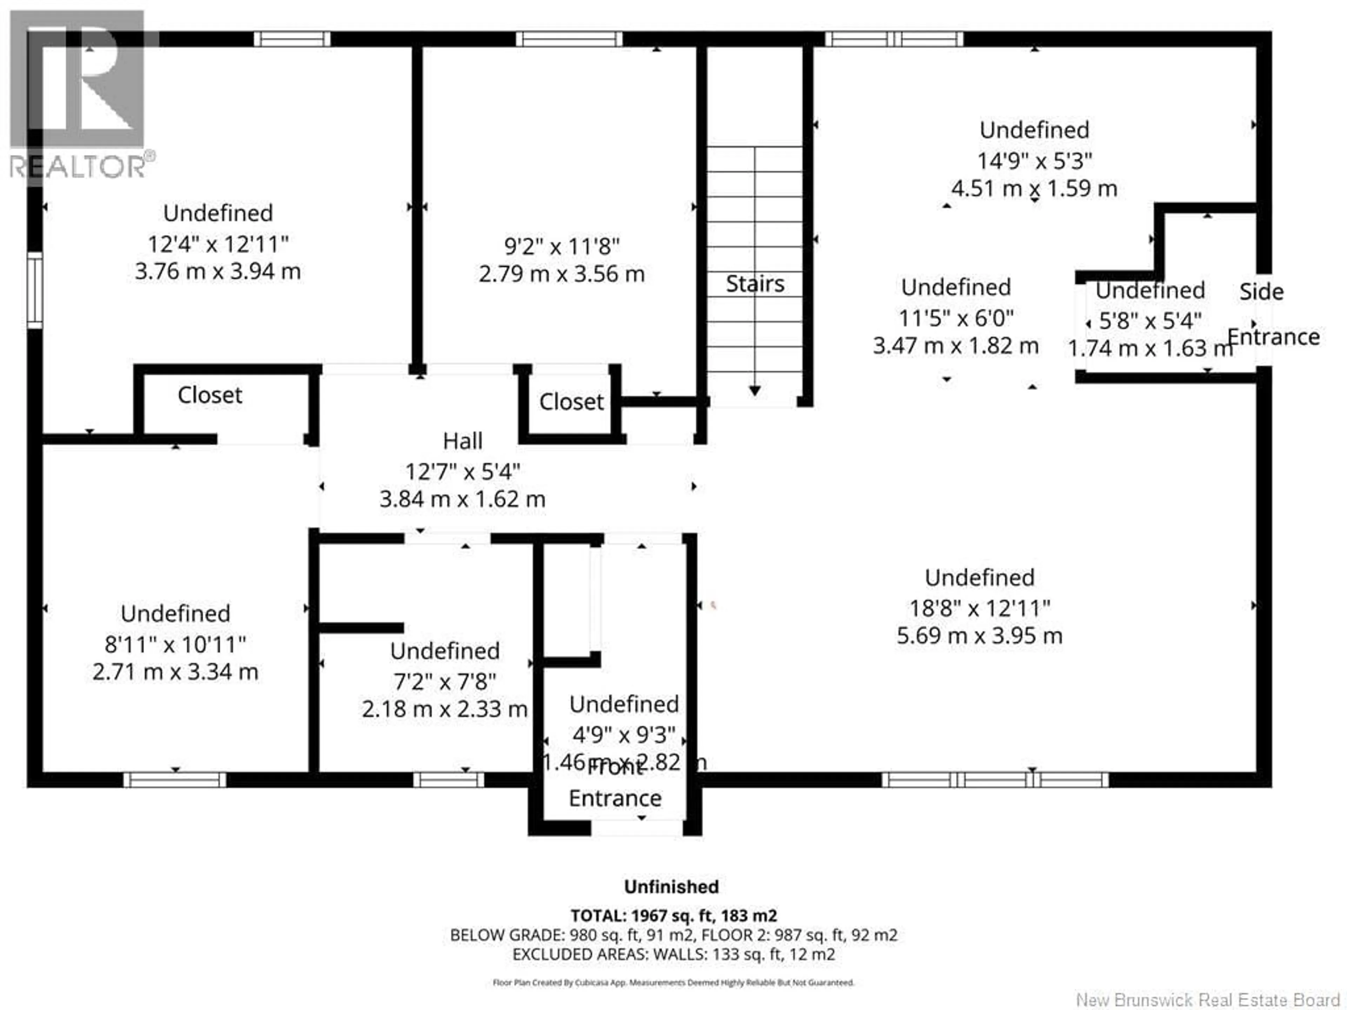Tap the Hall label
[462, 441]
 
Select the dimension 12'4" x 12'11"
[218, 244]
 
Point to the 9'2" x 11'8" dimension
[562, 247]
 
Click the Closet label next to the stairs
[571, 402]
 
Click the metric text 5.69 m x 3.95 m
[979, 635]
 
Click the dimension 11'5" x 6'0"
[956, 318]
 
